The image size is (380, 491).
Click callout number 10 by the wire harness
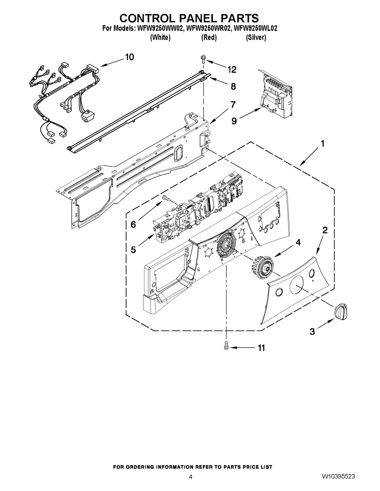(129, 57)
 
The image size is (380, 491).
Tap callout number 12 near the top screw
(232, 69)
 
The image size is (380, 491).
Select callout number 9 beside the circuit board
(234, 121)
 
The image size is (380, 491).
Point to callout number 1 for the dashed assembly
(322, 144)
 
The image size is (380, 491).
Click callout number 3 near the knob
(312, 331)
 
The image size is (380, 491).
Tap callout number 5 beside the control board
(133, 249)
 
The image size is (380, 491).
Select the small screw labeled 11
(226, 346)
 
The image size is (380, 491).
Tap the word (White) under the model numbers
(160, 37)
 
